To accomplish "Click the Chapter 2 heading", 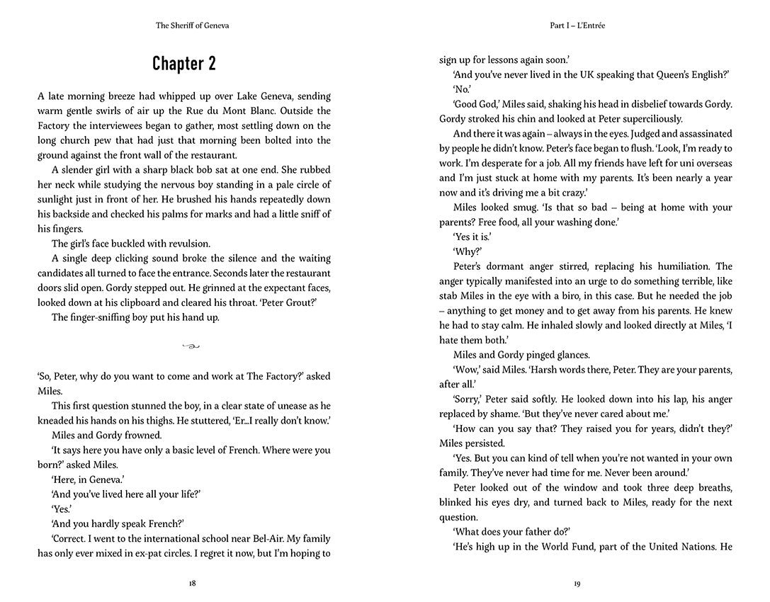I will pyautogui.click(x=184, y=64).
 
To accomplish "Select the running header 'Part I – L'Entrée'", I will pyautogui.click(x=577, y=25).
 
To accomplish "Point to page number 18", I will pyautogui.click(x=192, y=584).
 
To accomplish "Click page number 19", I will pyautogui.click(x=577, y=584).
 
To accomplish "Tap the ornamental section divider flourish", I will pyautogui.click(x=191, y=346).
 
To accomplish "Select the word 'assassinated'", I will pyautogui.click(x=696, y=134).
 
